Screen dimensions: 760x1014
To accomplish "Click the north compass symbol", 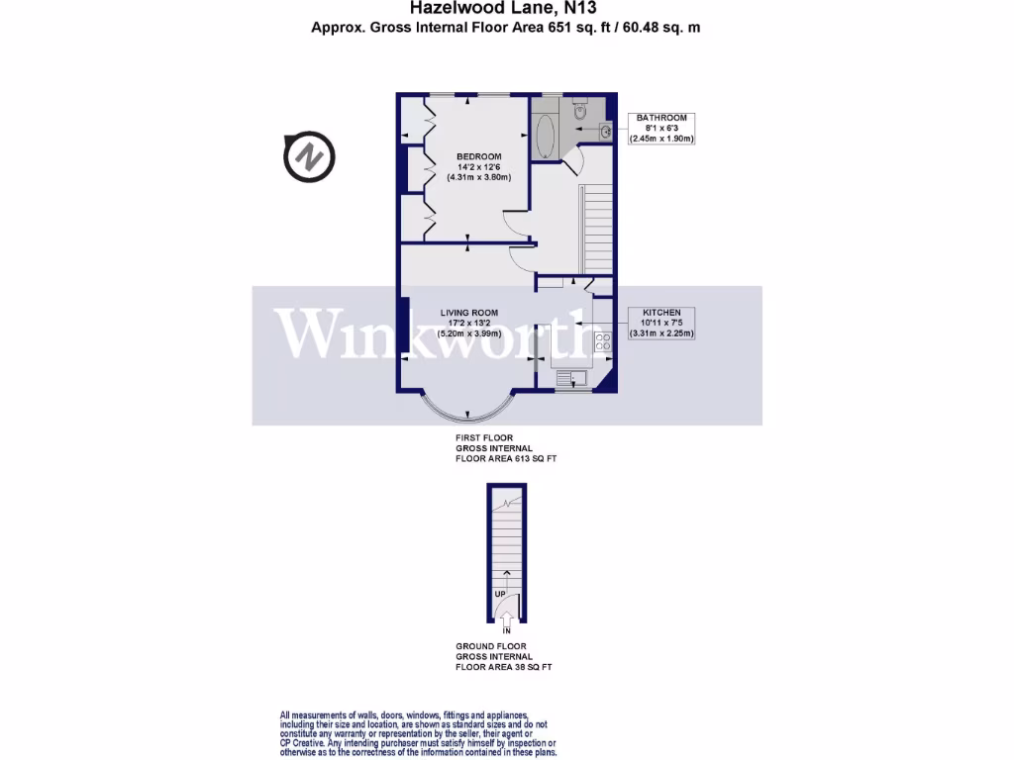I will point(309,157).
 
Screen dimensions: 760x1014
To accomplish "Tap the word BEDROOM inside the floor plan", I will point(478,156).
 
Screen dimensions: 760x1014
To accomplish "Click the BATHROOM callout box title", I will point(661,118).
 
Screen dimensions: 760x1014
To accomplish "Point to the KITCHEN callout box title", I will point(661,312).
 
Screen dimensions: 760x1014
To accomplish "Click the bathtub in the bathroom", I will point(544,138).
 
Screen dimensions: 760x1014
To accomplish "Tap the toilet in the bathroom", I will point(580,115).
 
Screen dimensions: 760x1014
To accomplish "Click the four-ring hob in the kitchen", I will point(601,342).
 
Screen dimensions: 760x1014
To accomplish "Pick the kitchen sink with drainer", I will point(570,376).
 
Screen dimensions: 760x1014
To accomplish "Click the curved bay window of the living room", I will point(463,409).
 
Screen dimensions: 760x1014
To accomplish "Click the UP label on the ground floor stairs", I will point(500,594).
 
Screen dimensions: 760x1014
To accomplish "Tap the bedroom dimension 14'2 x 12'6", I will point(478,167).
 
